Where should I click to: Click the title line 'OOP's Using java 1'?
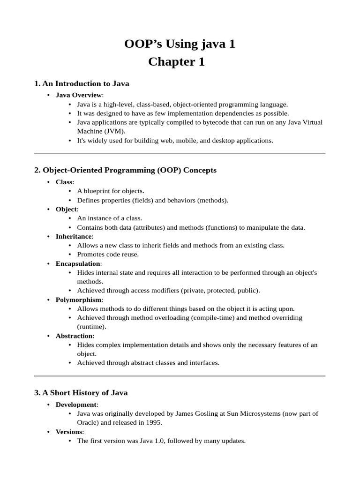180,44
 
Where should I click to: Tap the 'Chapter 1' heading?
176,62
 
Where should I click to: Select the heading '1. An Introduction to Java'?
82,83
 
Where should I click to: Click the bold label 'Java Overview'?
78,95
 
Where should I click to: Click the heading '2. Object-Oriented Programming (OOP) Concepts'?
125,170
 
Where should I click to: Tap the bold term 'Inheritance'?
74,236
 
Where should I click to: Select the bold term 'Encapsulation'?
78,263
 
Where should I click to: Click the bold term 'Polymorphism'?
78,300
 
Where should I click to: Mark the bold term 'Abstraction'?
74,336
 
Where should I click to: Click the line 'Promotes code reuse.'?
108,255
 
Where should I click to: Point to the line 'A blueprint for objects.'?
111,191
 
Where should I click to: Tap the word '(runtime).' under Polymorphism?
91,327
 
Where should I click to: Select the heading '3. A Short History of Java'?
81,392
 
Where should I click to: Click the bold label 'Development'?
76,405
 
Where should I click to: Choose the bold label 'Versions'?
69,432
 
